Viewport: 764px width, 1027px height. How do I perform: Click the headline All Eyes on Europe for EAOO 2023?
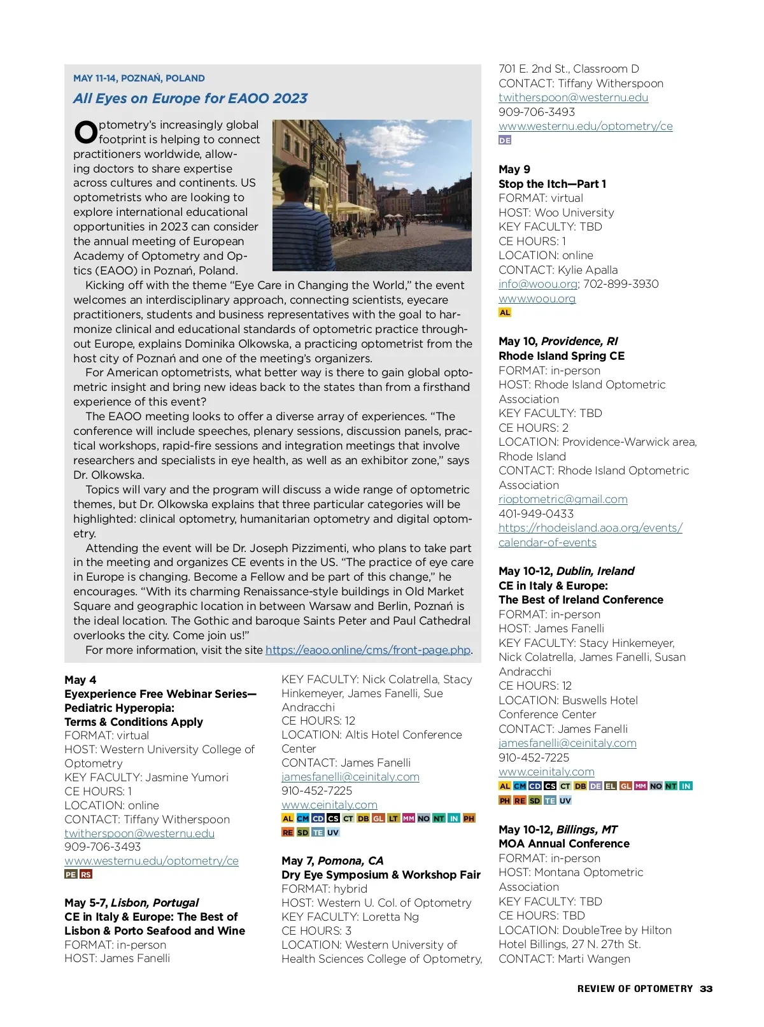click(x=190, y=99)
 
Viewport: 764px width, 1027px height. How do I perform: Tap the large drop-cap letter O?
click(x=86, y=133)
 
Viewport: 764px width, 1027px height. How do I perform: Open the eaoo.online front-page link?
click(x=368, y=650)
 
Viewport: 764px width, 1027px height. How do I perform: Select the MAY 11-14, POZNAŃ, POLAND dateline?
click(x=139, y=78)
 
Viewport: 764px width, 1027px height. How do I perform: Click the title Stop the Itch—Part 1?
click(x=552, y=184)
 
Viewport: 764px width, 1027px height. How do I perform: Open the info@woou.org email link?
click(x=537, y=284)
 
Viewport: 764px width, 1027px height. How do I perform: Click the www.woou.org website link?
click(x=537, y=299)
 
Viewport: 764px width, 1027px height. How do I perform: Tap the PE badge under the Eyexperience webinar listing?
click(x=71, y=874)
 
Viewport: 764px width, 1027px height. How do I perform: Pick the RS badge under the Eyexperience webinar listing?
click(x=86, y=874)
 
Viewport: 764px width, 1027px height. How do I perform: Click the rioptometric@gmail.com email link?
click(x=563, y=499)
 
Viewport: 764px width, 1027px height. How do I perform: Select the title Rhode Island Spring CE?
click(x=561, y=356)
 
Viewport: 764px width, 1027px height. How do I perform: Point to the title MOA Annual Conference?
click(x=563, y=844)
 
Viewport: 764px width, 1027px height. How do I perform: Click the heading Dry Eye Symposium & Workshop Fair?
click(x=381, y=875)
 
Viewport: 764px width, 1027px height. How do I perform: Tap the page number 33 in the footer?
click(x=706, y=989)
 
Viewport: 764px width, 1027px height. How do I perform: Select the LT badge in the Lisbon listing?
click(x=393, y=818)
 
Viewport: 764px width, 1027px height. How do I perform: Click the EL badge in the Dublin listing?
click(x=611, y=786)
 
